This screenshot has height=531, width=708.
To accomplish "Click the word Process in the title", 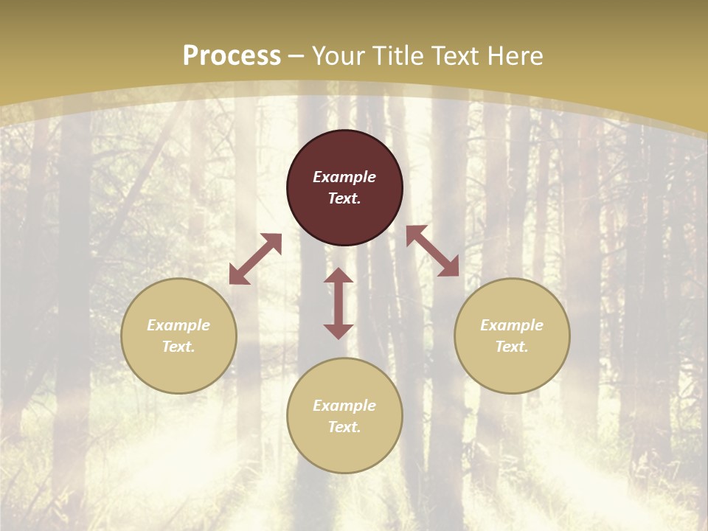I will pos(232,56).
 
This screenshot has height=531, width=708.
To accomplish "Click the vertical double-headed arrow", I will pos(339,303).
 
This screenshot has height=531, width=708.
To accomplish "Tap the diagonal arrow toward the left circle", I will pos(255,259).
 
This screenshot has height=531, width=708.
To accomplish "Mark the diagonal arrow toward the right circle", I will pos(432,251).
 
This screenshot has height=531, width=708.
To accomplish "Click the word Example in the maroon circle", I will pos(344,177).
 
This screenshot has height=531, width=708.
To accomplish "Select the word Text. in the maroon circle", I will pos(344,198).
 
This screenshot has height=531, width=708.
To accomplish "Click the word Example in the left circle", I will pos(178,325).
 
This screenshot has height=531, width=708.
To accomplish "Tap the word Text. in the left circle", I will pos(178,347).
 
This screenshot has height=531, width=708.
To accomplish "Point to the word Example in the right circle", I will pos(512,325).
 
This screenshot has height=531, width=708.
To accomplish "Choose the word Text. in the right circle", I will pos(512,347).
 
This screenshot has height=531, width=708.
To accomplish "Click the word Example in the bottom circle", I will pos(344,406).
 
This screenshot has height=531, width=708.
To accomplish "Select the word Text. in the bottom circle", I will pos(344,427).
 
